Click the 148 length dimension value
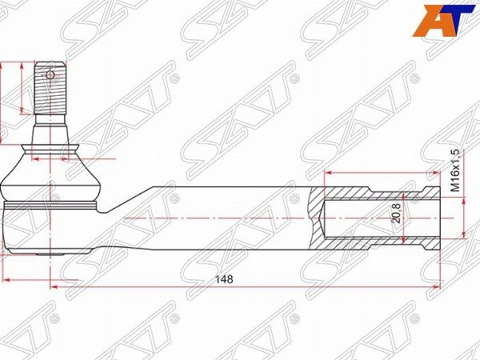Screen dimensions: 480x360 tap(224, 279)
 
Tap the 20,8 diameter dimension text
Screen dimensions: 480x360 tap(397, 214)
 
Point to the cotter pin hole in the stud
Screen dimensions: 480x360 tap(50, 74)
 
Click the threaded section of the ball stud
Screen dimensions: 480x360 tap(50, 88)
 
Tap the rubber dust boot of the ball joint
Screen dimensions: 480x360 tap(50, 174)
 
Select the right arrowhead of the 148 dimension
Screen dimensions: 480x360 tap(435, 287)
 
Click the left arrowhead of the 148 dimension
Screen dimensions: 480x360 tap(54, 287)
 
